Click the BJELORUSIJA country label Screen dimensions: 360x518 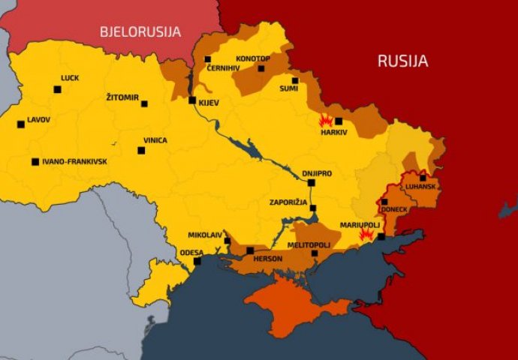coord(141,31)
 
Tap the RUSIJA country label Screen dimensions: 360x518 coord(403,61)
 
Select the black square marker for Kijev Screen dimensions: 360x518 coord(192,100)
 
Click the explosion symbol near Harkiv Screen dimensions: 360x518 coord(326,121)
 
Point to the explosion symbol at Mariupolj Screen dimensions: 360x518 coord(366,234)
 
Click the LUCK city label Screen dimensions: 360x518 coord(70,78)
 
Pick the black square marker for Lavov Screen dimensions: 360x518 coord(21,124)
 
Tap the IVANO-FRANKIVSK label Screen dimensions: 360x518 coord(74,161)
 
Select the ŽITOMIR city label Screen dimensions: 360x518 coord(123,97)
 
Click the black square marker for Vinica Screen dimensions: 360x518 coord(141,151)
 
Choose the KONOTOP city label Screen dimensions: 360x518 coord(252,58)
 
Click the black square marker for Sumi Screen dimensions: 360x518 coord(295,81)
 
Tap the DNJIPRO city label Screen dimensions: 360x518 coord(317,172)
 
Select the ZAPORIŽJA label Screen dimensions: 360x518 coord(289,202)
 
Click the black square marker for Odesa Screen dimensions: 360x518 coord(197,262)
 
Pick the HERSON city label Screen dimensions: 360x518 coord(268,259)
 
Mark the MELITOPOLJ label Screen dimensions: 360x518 coord(309,245)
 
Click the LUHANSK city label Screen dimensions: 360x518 coord(421,187)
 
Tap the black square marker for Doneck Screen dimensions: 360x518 coord(384,202)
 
